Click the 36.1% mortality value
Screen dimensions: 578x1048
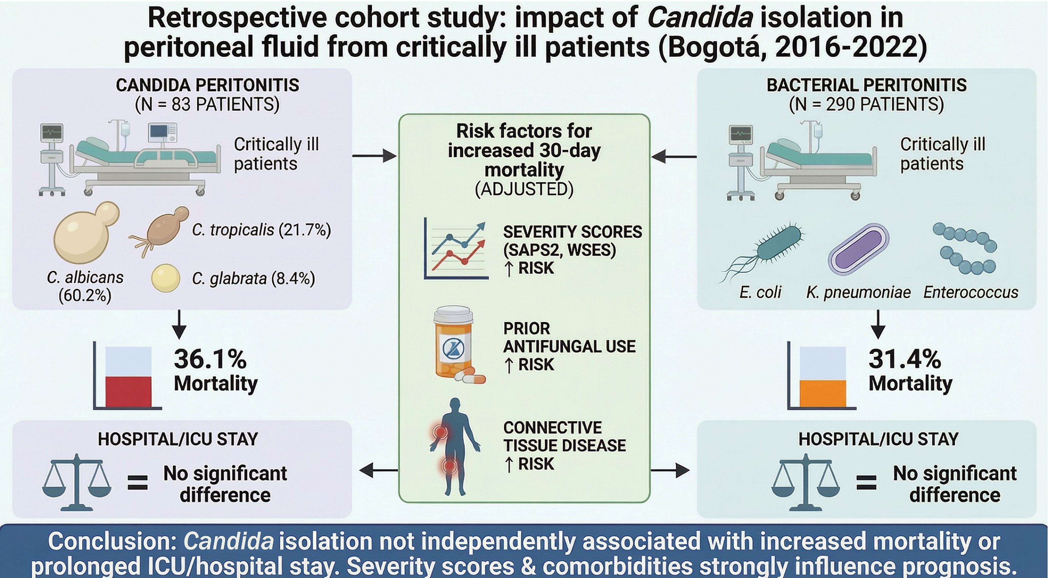pos(210,359)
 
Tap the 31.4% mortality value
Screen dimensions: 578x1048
pos(905,359)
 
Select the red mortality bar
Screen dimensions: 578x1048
pos(129,392)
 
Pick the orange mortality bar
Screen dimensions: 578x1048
pos(823,394)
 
